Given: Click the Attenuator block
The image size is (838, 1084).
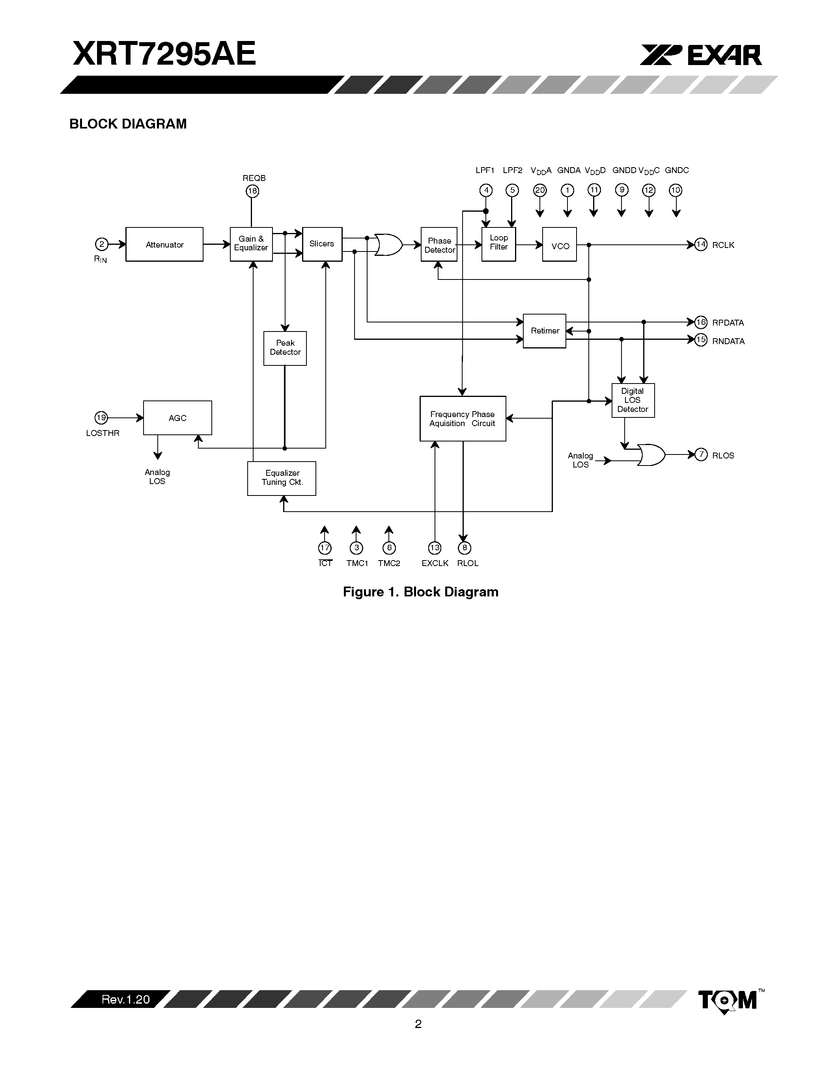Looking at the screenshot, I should tap(164, 244).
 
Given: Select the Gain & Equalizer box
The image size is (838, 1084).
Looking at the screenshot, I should tap(251, 244).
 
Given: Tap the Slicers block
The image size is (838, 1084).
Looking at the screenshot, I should tap(322, 244).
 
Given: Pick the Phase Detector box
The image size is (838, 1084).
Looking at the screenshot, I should tap(439, 245).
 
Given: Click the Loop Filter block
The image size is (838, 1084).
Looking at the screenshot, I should tap(498, 244).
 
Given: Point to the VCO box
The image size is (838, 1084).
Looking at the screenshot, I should tap(560, 245).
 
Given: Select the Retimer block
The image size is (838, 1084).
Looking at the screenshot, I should tap(545, 331).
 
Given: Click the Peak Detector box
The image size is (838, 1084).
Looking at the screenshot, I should tap(285, 348).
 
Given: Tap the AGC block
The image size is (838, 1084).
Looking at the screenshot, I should tap(177, 418).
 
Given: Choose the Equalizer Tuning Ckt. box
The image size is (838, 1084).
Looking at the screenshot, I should tap(282, 478).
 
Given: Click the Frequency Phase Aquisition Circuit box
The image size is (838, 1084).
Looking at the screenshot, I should tap(463, 418).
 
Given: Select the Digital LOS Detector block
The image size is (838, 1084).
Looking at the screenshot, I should tap(633, 400).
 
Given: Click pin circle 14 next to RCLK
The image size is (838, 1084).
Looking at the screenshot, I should tap(700, 245).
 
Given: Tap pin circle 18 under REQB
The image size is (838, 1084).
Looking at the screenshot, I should tap(253, 191).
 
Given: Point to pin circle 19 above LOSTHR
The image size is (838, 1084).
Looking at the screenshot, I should tap(101, 418).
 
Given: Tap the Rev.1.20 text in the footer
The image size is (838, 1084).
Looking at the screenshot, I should tap(125, 1000).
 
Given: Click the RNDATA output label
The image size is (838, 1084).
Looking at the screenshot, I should tap(728, 341).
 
